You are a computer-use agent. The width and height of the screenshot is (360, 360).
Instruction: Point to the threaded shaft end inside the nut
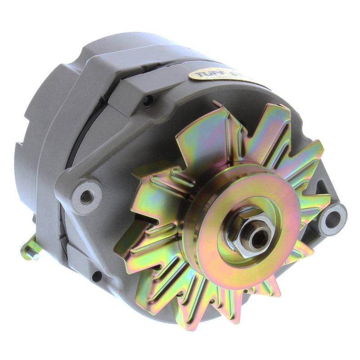pyautogui.click(x=259, y=237)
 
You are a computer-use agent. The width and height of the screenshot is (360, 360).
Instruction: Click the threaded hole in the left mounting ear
pyautogui.click(x=86, y=196)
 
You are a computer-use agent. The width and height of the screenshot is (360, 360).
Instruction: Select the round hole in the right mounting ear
pyautogui.click(x=333, y=219)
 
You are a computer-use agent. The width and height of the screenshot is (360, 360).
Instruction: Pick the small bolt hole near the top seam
pyautogui.click(x=147, y=101)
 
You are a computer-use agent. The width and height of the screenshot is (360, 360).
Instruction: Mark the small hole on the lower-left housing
pyautogui.click(x=95, y=275)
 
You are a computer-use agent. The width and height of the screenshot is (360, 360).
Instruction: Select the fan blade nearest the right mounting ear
pyautogui.click(x=310, y=202)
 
